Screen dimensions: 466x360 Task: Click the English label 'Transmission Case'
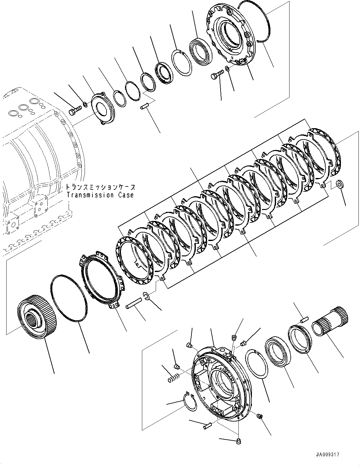click(100, 195)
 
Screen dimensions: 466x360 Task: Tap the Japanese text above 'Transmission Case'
click(101, 188)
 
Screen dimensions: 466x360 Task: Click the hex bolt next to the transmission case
click(74, 111)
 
